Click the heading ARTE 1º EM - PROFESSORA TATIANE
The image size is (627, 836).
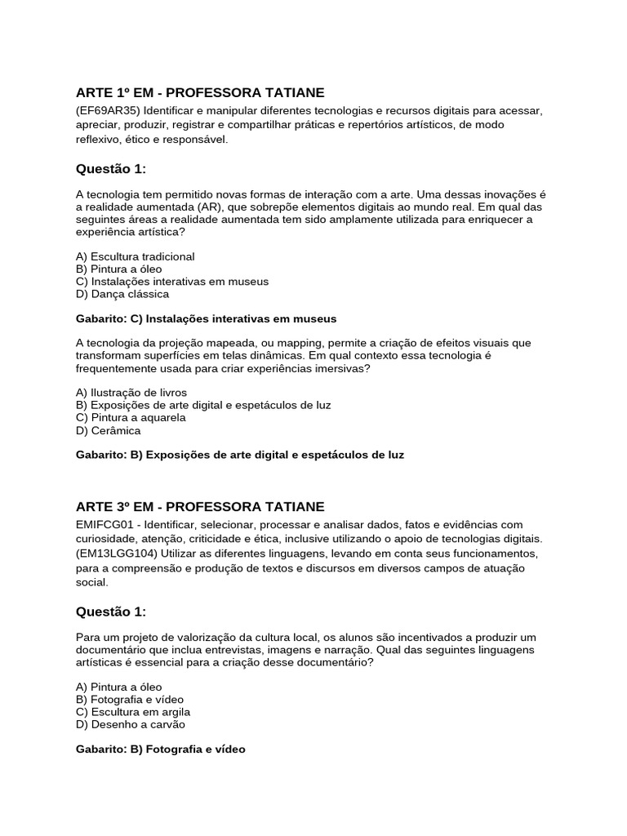click(x=200, y=93)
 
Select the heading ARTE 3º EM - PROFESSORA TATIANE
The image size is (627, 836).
click(x=200, y=507)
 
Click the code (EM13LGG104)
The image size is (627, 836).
click(x=114, y=554)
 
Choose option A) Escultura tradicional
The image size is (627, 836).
click(x=135, y=256)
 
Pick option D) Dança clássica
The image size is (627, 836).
click(x=122, y=294)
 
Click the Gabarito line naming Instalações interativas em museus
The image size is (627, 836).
click(x=206, y=318)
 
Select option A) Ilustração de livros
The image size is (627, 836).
click(x=131, y=393)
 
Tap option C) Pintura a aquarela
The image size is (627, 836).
click(x=131, y=417)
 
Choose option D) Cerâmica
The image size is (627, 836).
click(x=109, y=430)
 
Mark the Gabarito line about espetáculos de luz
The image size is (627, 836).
click(x=239, y=455)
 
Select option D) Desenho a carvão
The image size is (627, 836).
click(x=131, y=724)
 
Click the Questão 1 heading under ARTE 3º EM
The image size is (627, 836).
click(x=110, y=611)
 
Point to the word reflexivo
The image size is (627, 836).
click(x=97, y=140)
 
